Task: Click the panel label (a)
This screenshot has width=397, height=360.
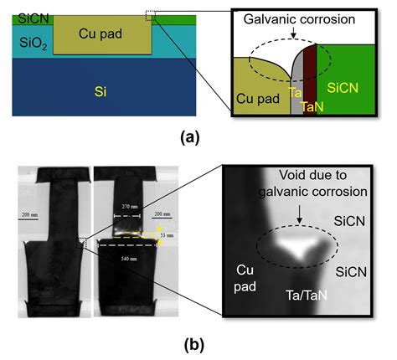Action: (x=197, y=134)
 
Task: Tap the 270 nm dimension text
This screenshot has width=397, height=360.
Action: (x=128, y=204)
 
